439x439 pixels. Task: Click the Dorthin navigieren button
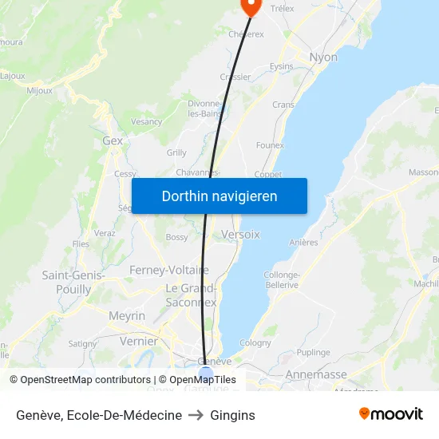pos(219,196)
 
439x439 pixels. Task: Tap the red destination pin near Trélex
pos(251,6)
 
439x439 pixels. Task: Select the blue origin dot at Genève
pos(206,372)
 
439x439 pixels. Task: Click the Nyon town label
pos(323,57)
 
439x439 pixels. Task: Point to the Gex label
pos(113,140)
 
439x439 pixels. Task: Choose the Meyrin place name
pos(127,316)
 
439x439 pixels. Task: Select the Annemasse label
pos(317,374)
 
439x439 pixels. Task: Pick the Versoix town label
pos(240,235)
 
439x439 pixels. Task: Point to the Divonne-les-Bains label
pos(204,109)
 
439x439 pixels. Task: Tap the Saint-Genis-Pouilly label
pos(67,283)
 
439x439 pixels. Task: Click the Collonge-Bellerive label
pos(281,279)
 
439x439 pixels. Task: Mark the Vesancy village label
pos(146,122)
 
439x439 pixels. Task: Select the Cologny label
pos(255,342)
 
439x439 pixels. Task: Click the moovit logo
pos(390,413)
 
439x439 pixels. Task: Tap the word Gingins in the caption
pos(233,415)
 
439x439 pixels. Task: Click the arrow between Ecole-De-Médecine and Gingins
pos(196,415)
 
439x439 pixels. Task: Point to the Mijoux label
pos(39,90)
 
